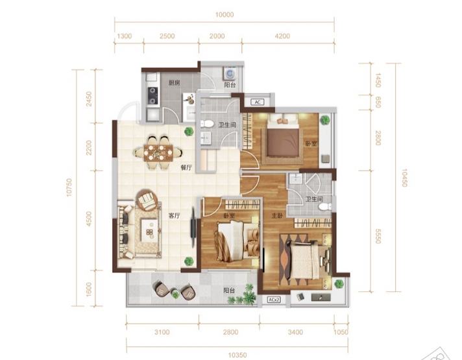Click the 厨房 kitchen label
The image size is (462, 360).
[174, 83]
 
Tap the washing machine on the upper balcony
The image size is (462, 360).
[230, 73]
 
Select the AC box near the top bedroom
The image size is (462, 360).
[258, 102]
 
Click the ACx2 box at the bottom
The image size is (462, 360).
[274, 300]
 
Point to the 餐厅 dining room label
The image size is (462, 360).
[186, 167]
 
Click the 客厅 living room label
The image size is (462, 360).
[174, 215]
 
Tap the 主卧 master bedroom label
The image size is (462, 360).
[277, 216]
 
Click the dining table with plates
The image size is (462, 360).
[158, 152]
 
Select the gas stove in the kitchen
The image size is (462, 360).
[152, 96]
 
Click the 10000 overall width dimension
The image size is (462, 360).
[225, 15]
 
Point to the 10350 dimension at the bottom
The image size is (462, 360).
[237, 355]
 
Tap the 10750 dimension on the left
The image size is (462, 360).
[69, 187]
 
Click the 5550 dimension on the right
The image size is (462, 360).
[378, 235]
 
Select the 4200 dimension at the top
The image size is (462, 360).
[282, 36]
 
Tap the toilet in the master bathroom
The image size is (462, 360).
[324, 207]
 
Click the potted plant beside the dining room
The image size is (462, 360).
[189, 132]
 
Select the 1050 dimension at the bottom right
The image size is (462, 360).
[341, 332]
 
